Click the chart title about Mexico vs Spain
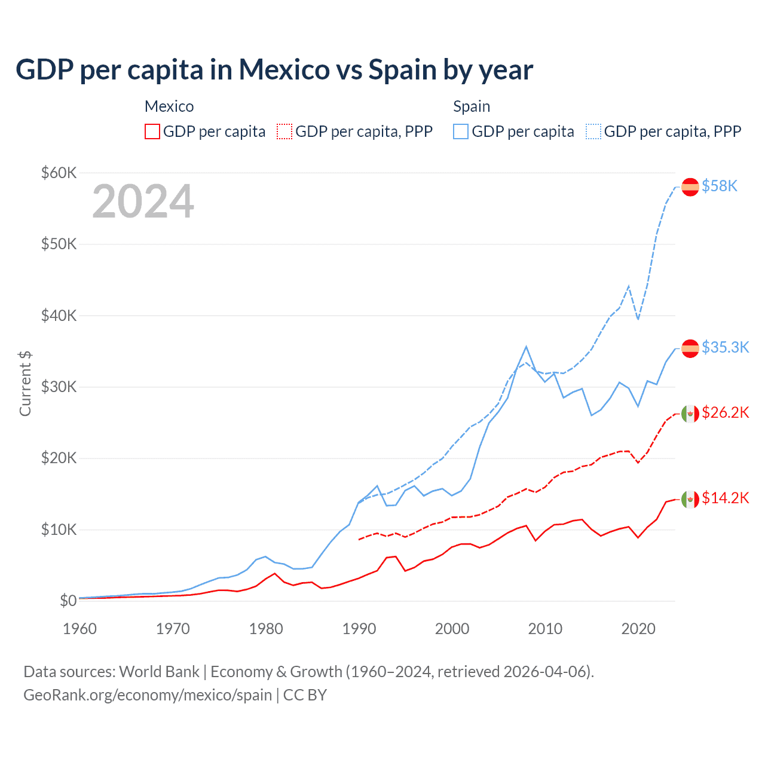pos(274,70)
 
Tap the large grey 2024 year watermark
pos(143,201)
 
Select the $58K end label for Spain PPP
pos(720,186)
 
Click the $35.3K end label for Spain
pos(725,347)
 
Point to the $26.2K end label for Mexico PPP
pos(725,413)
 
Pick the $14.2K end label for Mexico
pos(725,498)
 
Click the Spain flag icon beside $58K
pos(690,186)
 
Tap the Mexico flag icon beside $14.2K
pos(690,498)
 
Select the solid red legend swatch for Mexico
pos(152,131)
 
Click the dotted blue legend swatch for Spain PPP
pos(593,131)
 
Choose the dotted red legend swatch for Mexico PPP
pos(284,131)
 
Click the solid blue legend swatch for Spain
pos(461,131)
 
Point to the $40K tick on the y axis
pos(59,316)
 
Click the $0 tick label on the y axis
pos(68,601)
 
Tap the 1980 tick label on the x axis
pos(266,629)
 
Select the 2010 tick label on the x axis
pos(545,629)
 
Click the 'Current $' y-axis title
pos(25,383)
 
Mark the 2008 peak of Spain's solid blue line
pos(526,347)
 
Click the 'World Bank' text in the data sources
pos(159,672)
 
